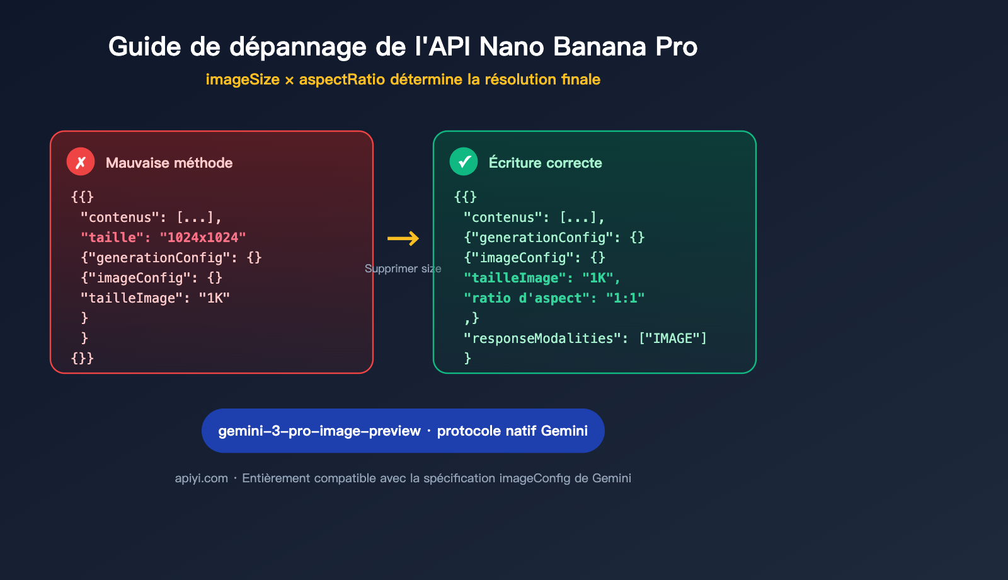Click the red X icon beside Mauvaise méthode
tap(81, 162)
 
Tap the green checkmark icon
tap(464, 162)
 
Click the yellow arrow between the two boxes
tap(403, 238)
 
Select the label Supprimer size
tap(403, 269)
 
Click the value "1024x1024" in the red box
tap(202, 238)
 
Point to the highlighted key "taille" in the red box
tap(108, 238)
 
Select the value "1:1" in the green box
tap(625, 298)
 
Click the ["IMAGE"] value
tap(672, 339)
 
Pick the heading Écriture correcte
tap(545, 163)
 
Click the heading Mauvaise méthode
tap(169, 163)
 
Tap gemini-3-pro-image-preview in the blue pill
tap(319, 431)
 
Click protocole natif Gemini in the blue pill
tap(512, 431)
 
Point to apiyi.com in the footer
tap(201, 478)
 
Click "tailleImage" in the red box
tap(132, 298)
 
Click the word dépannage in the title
tap(298, 47)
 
